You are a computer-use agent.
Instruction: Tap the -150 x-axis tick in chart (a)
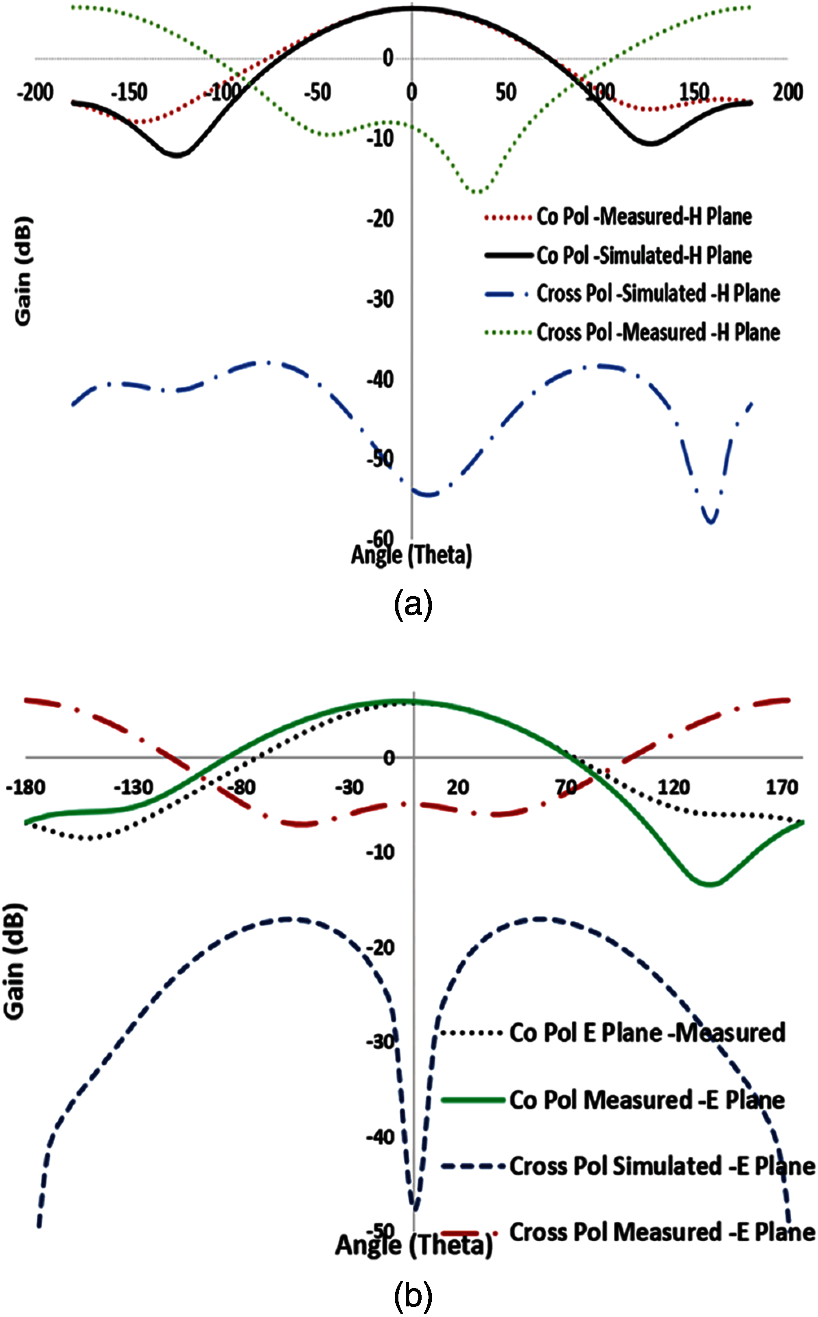(x=129, y=92)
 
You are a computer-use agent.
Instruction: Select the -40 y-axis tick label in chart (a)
(x=381, y=380)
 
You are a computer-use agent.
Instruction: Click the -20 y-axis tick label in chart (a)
(x=381, y=219)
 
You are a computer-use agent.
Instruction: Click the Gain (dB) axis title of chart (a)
(x=23, y=271)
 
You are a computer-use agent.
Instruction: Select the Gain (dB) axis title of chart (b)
(x=15, y=960)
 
